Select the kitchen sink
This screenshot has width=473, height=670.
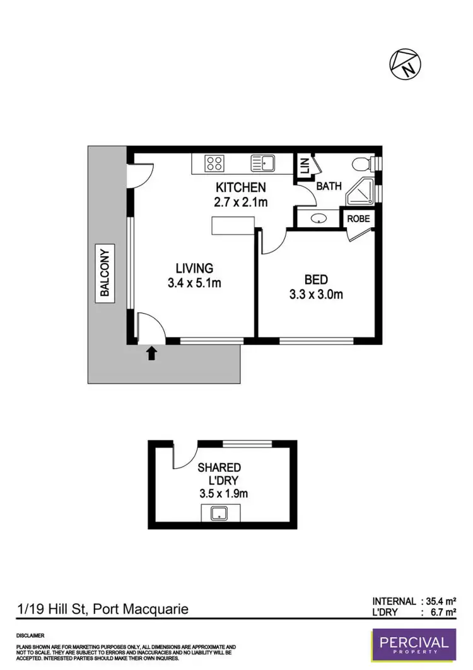[x=264, y=163]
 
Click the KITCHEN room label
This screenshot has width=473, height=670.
[x=241, y=187]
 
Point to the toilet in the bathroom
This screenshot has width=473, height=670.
[x=362, y=165]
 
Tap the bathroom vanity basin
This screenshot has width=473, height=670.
[x=319, y=219]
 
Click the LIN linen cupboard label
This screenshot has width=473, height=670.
[x=304, y=167]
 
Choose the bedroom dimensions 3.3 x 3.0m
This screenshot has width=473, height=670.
[x=316, y=294]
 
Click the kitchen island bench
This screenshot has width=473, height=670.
[x=233, y=226]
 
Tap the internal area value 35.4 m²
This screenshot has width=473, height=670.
[x=440, y=601]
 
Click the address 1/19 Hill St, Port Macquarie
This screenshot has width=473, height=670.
[x=102, y=609]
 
